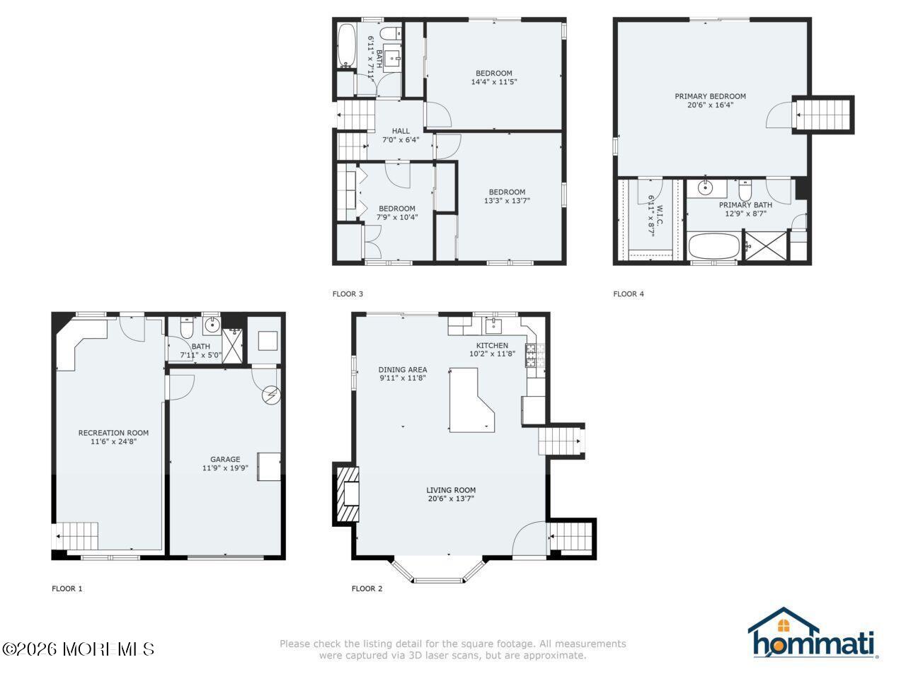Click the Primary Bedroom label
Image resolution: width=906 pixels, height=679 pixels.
pyautogui.click(x=710, y=96)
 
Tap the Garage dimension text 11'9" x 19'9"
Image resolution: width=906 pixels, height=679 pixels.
pyautogui.click(x=225, y=468)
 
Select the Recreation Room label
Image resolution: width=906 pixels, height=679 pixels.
pyautogui.click(x=113, y=433)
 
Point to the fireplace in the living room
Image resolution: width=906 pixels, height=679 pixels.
pyautogui.click(x=348, y=494)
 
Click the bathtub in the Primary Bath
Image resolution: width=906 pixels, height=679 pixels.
pyautogui.click(x=714, y=248)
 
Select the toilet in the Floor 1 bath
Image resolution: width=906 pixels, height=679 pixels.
pyautogui.click(x=187, y=330)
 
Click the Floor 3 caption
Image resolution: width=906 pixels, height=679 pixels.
pyautogui.click(x=348, y=294)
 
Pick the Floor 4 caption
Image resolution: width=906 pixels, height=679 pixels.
pyautogui.click(x=629, y=294)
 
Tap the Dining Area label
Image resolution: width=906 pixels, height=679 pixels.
pyautogui.click(x=402, y=369)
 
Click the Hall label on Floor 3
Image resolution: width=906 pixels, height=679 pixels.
pyautogui.click(x=401, y=131)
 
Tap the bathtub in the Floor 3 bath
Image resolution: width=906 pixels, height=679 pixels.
pyautogui.click(x=347, y=47)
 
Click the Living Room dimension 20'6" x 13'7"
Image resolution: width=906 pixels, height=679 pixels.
pyautogui.click(x=450, y=499)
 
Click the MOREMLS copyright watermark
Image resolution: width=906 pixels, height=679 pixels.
pyautogui.click(x=78, y=649)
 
